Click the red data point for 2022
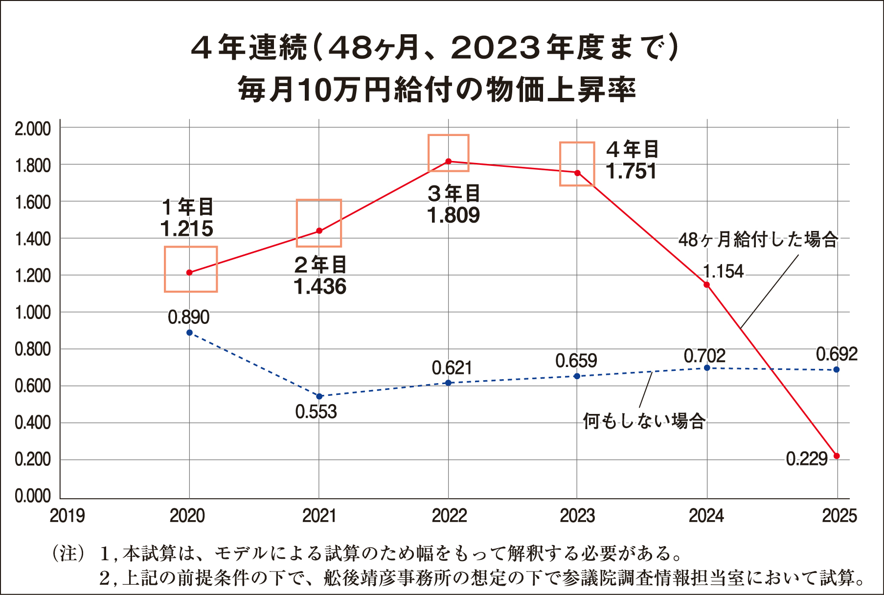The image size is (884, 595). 449,161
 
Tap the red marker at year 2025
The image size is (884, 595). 837,456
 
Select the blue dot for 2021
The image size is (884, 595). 319,396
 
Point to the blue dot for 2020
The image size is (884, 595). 189,333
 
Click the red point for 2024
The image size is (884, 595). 706,285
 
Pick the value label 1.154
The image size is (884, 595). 723,271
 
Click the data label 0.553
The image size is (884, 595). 316,412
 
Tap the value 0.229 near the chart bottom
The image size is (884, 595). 807,459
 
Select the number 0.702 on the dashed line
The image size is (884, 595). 704,356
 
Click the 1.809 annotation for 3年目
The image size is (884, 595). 453,215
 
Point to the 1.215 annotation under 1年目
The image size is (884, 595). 187,229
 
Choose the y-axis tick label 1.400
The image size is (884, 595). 33,239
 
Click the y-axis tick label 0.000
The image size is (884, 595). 33,496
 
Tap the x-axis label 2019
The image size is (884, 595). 68,516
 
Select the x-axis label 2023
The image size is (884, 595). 577,516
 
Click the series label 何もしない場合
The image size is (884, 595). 644,421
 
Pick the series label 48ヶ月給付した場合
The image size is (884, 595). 758,240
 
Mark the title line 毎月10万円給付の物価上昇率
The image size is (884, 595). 436,91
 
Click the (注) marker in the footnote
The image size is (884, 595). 68,553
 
